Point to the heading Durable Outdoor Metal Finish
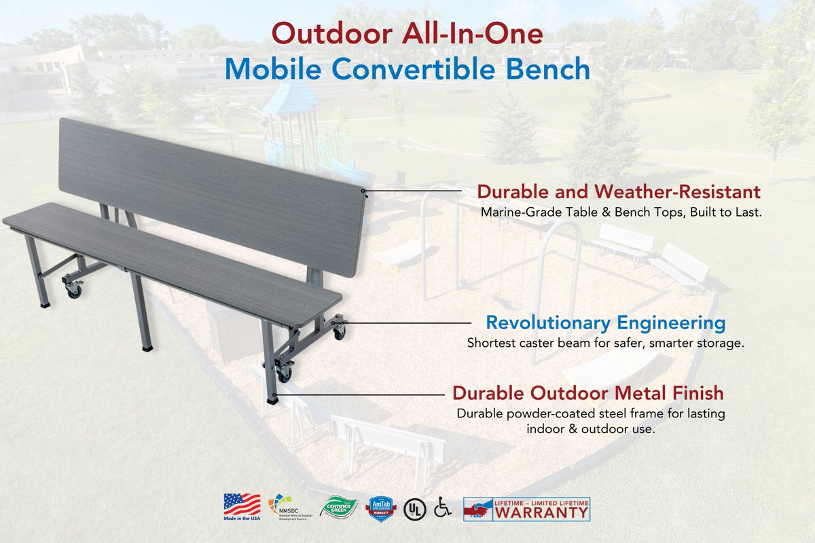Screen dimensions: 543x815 point(588,393)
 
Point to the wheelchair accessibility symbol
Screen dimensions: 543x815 point(443,507)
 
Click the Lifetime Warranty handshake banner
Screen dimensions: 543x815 point(526,508)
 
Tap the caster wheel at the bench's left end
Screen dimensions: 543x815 point(73,291)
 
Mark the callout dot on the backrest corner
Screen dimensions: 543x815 point(365,191)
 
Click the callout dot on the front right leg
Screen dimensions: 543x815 point(273,393)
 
